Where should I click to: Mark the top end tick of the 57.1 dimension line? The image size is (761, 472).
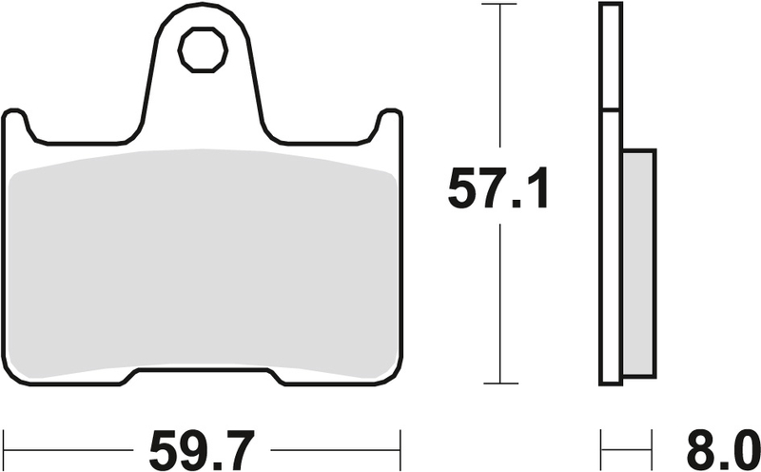(498, 5)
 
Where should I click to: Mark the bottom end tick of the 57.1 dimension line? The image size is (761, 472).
(498, 383)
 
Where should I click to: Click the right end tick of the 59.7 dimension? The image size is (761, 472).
(400, 443)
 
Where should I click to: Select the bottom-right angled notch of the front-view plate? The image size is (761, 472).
(279, 377)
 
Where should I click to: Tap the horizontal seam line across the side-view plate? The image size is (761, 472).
(610, 111)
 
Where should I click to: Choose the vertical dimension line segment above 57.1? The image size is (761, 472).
(498, 86)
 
